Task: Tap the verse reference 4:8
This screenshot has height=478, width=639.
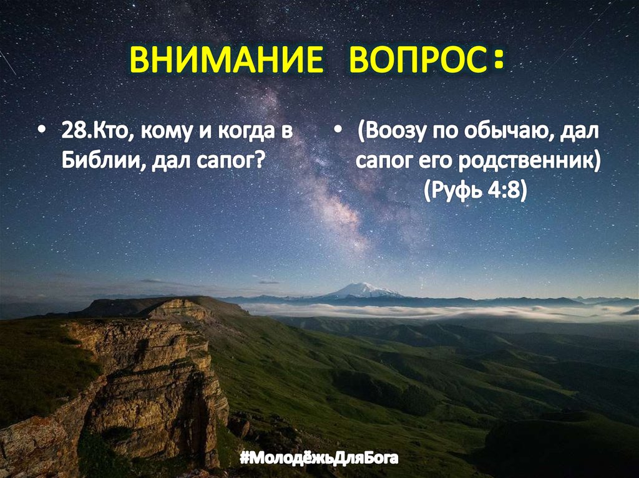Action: pyautogui.click(x=504, y=190)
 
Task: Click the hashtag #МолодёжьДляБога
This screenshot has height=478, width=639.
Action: pyautogui.click(x=319, y=460)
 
